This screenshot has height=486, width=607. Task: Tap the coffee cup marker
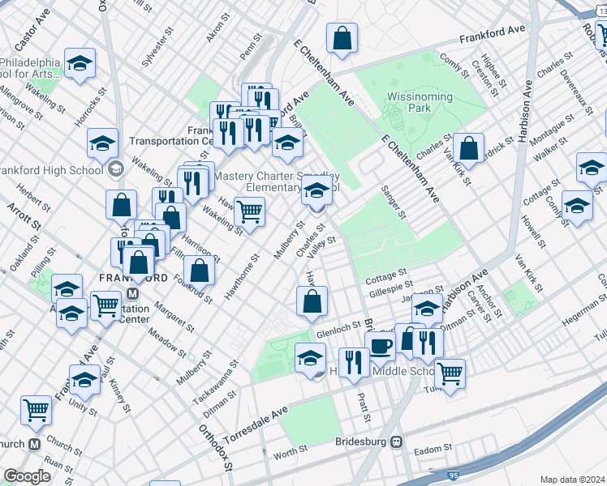381,346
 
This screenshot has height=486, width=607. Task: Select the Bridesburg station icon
396,442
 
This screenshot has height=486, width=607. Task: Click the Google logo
27,476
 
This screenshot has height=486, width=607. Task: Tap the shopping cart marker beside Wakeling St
250,212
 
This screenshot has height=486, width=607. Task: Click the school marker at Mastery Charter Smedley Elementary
316,192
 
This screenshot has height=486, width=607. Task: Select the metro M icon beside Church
35,444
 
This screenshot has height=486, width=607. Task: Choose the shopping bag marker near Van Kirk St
469,148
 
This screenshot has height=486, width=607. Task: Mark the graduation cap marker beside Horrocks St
102,144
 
